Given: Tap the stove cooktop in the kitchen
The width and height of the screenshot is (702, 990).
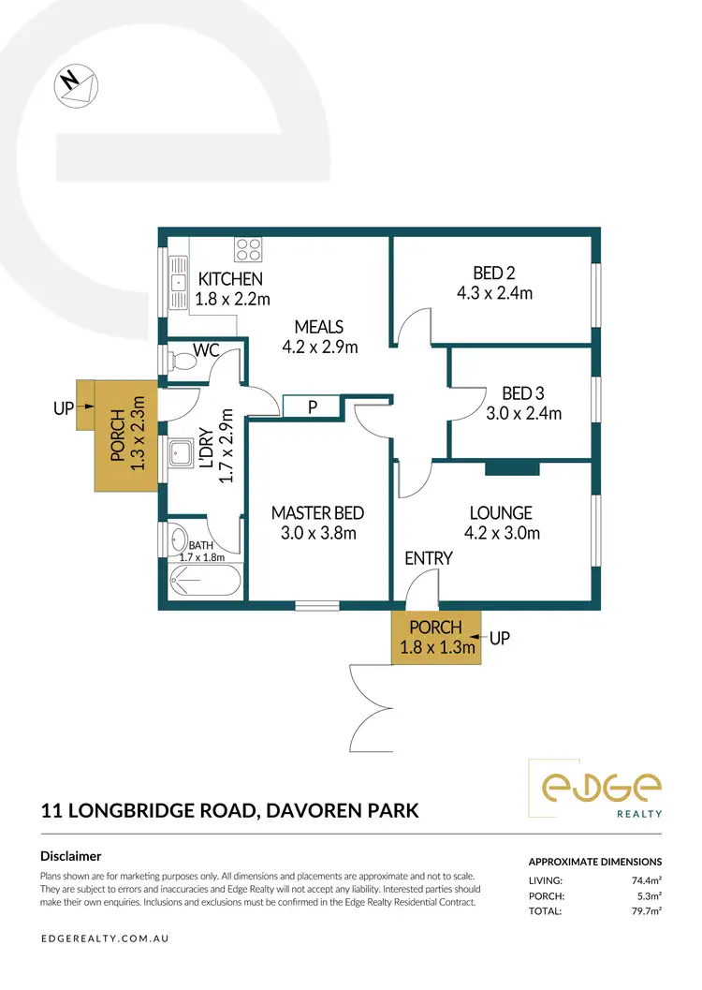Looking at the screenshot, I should [248, 249].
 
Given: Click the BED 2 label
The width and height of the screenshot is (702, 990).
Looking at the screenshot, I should [494, 273].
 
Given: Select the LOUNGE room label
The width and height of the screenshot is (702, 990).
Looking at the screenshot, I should [501, 513].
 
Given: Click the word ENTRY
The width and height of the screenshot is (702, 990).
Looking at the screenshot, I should [429, 558].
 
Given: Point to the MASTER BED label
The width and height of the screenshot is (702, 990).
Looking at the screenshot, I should [317, 513].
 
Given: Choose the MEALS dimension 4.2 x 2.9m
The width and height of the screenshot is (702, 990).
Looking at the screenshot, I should [319, 347].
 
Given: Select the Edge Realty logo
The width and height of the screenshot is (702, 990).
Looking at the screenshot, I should [594, 786].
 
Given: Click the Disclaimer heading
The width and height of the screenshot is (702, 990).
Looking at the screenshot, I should [71, 855].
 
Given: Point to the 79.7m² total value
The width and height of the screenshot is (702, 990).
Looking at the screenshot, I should [645, 910].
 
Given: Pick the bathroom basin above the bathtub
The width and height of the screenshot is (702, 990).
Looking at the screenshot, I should [178, 539].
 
